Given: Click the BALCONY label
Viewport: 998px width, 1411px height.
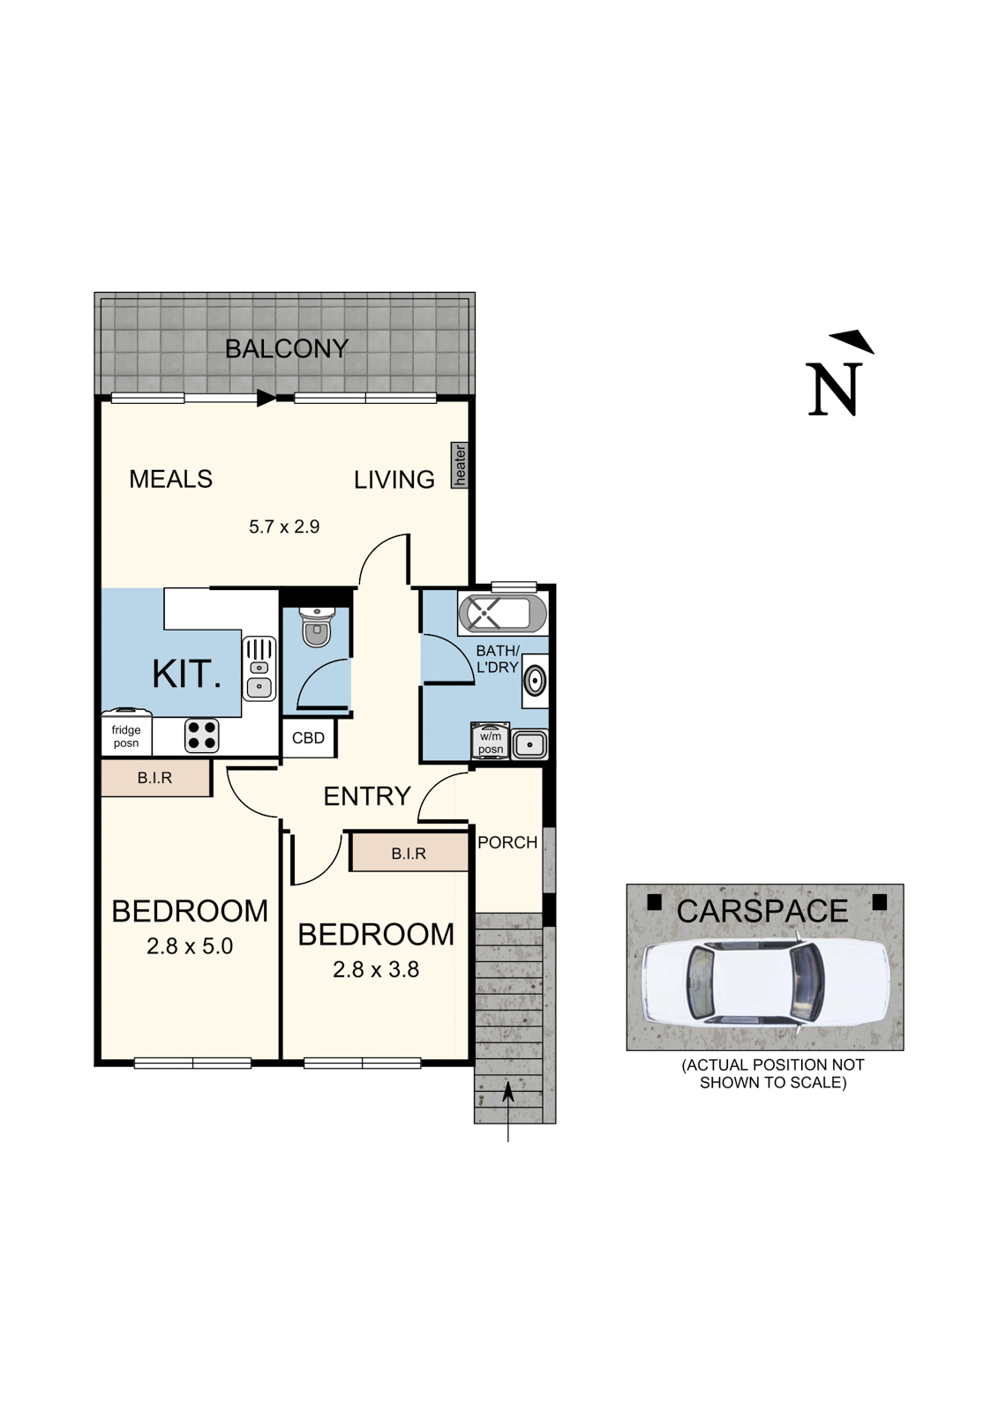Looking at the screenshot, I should point(287,349).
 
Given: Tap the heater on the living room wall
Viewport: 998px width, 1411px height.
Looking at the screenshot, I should point(460,465).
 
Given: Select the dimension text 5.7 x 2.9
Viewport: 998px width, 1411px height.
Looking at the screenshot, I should point(283,527).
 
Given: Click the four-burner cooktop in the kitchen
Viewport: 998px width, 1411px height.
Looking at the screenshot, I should point(202,735).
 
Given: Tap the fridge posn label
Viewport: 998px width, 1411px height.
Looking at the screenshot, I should point(126,736).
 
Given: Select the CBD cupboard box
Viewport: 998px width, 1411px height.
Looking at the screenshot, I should point(309,738).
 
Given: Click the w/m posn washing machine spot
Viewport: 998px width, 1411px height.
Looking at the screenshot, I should point(490,743).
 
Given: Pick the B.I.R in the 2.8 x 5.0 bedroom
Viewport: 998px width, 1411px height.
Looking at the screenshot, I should point(155,779).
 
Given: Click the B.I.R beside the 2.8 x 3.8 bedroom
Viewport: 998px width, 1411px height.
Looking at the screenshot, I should point(409,854).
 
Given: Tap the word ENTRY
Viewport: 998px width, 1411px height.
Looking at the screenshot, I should point(367,796).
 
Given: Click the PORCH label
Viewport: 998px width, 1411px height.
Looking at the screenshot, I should point(507,842).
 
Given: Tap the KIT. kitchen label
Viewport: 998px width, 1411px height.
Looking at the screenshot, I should point(186,675).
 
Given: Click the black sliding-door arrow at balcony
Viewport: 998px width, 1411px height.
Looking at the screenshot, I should point(266,399).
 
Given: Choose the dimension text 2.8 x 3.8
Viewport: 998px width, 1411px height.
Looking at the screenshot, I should point(376,970).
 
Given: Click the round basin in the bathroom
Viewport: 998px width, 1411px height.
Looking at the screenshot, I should point(534,682).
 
